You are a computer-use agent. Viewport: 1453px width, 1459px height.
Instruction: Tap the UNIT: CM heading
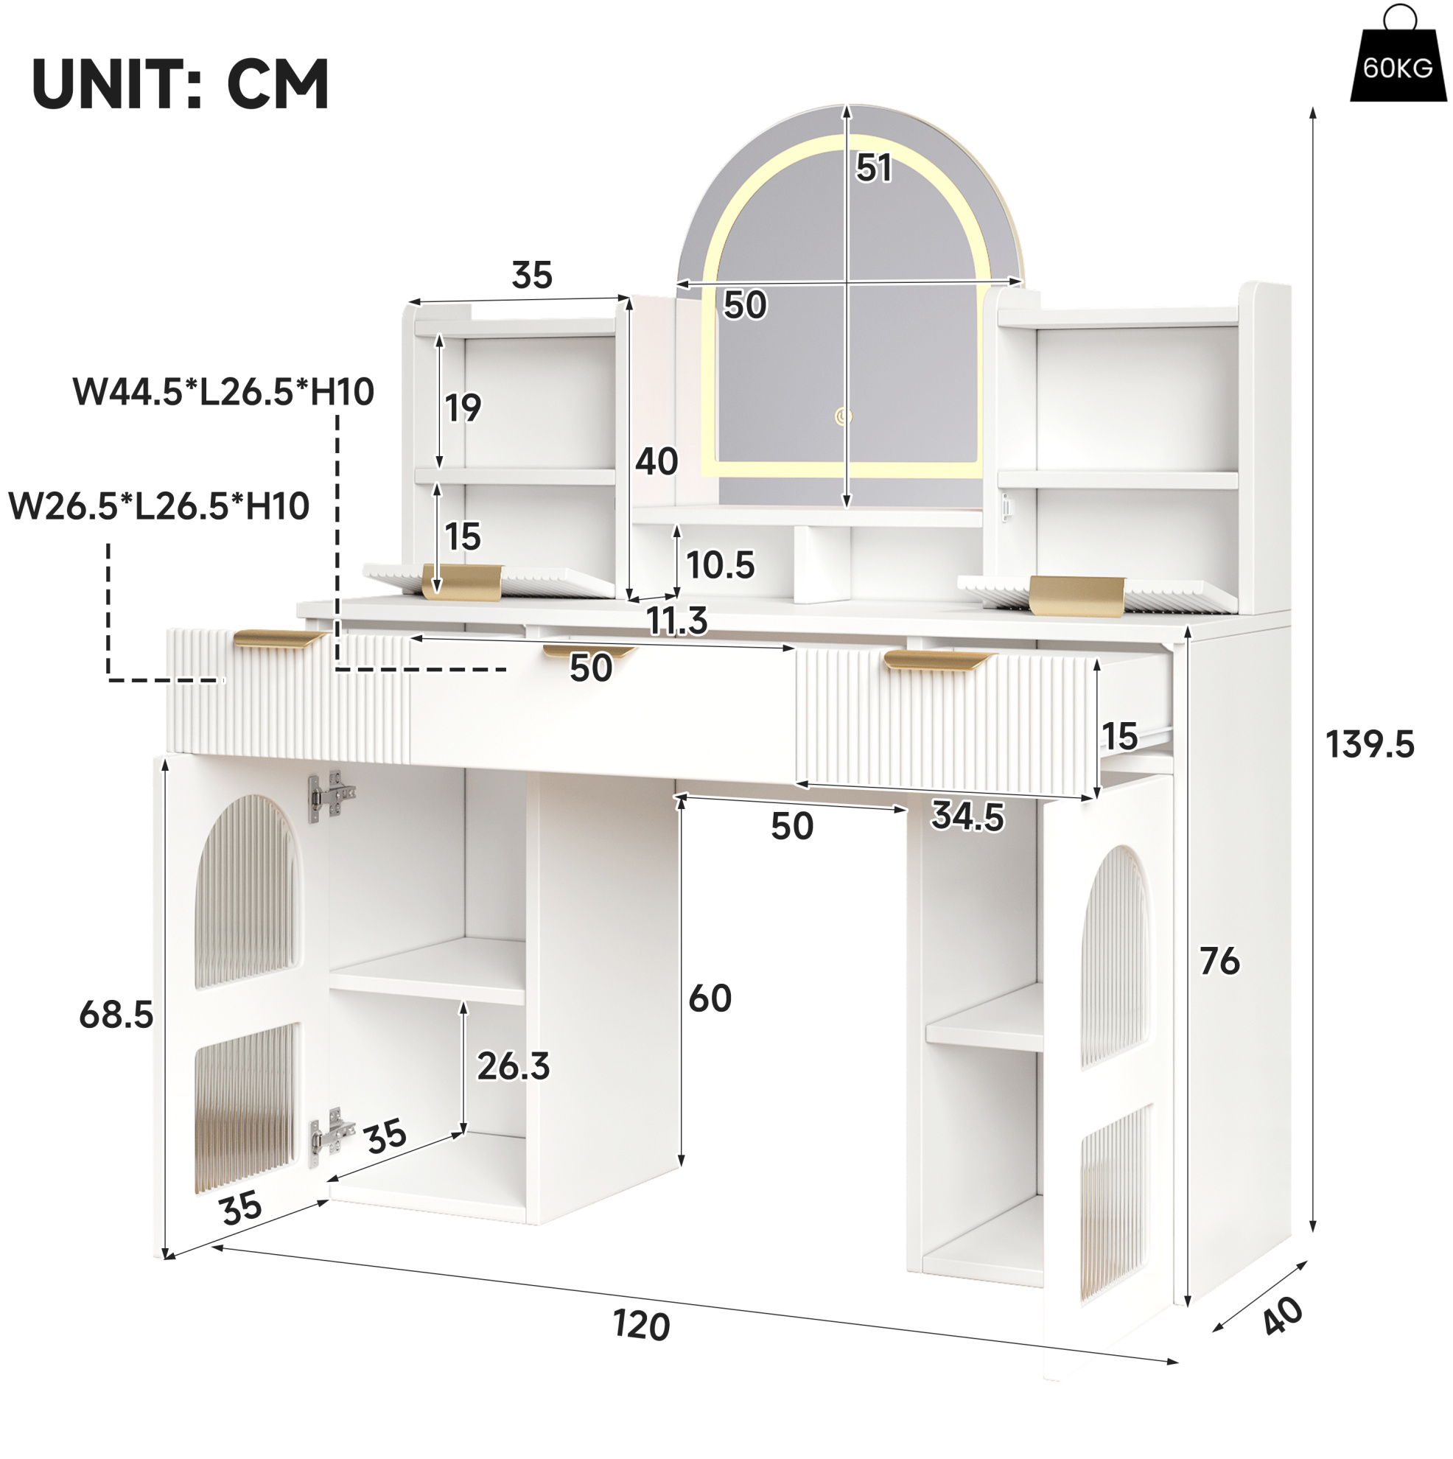181,84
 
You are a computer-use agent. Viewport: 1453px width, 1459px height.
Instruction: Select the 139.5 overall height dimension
1369,744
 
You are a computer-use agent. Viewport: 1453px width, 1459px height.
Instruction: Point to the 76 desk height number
1219,962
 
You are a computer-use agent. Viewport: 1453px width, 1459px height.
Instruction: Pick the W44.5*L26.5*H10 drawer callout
223,392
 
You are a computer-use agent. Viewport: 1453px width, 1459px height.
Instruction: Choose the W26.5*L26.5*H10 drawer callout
158,506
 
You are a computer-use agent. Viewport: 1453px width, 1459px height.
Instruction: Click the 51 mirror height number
874,168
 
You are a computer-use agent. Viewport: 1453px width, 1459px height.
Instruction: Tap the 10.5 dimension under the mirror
721,565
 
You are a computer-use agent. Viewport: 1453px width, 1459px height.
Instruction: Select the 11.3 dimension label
677,620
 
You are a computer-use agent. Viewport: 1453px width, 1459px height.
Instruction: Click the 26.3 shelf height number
514,1066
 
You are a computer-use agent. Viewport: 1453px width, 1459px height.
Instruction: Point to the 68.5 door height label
116,1014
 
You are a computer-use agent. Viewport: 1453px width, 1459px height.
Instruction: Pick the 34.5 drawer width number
968,816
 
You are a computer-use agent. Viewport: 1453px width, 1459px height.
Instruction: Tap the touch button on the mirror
844,416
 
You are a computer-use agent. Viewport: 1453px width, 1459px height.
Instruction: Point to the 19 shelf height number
463,407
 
